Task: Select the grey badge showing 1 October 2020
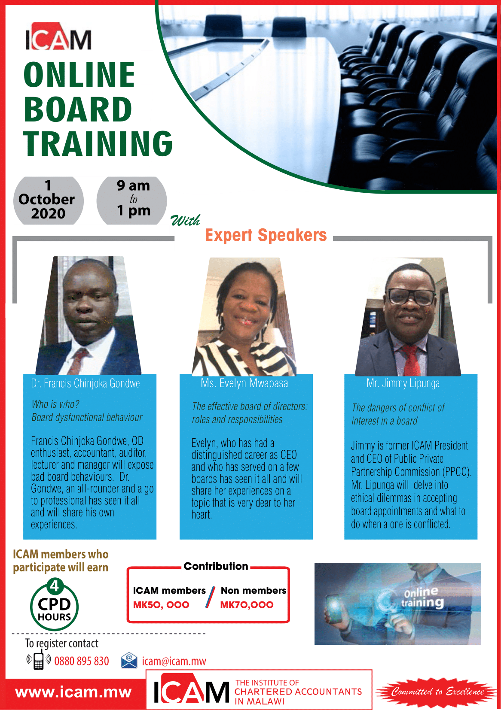coord(48,200)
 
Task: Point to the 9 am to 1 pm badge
coord(131,200)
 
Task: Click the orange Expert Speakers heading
coord(266,235)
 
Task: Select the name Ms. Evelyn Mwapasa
coord(244,383)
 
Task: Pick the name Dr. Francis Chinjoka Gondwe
coord(86,383)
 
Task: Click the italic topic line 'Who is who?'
coord(55,404)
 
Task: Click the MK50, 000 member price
coord(161,605)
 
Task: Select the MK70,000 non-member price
coord(247,605)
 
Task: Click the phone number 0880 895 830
coord(82,661)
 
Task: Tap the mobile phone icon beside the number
coord(38,660)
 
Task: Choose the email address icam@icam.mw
coord(174,661)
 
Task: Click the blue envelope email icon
coord(129,661)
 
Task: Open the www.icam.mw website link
coord(73,692)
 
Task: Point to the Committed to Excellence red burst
coord(437,691)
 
